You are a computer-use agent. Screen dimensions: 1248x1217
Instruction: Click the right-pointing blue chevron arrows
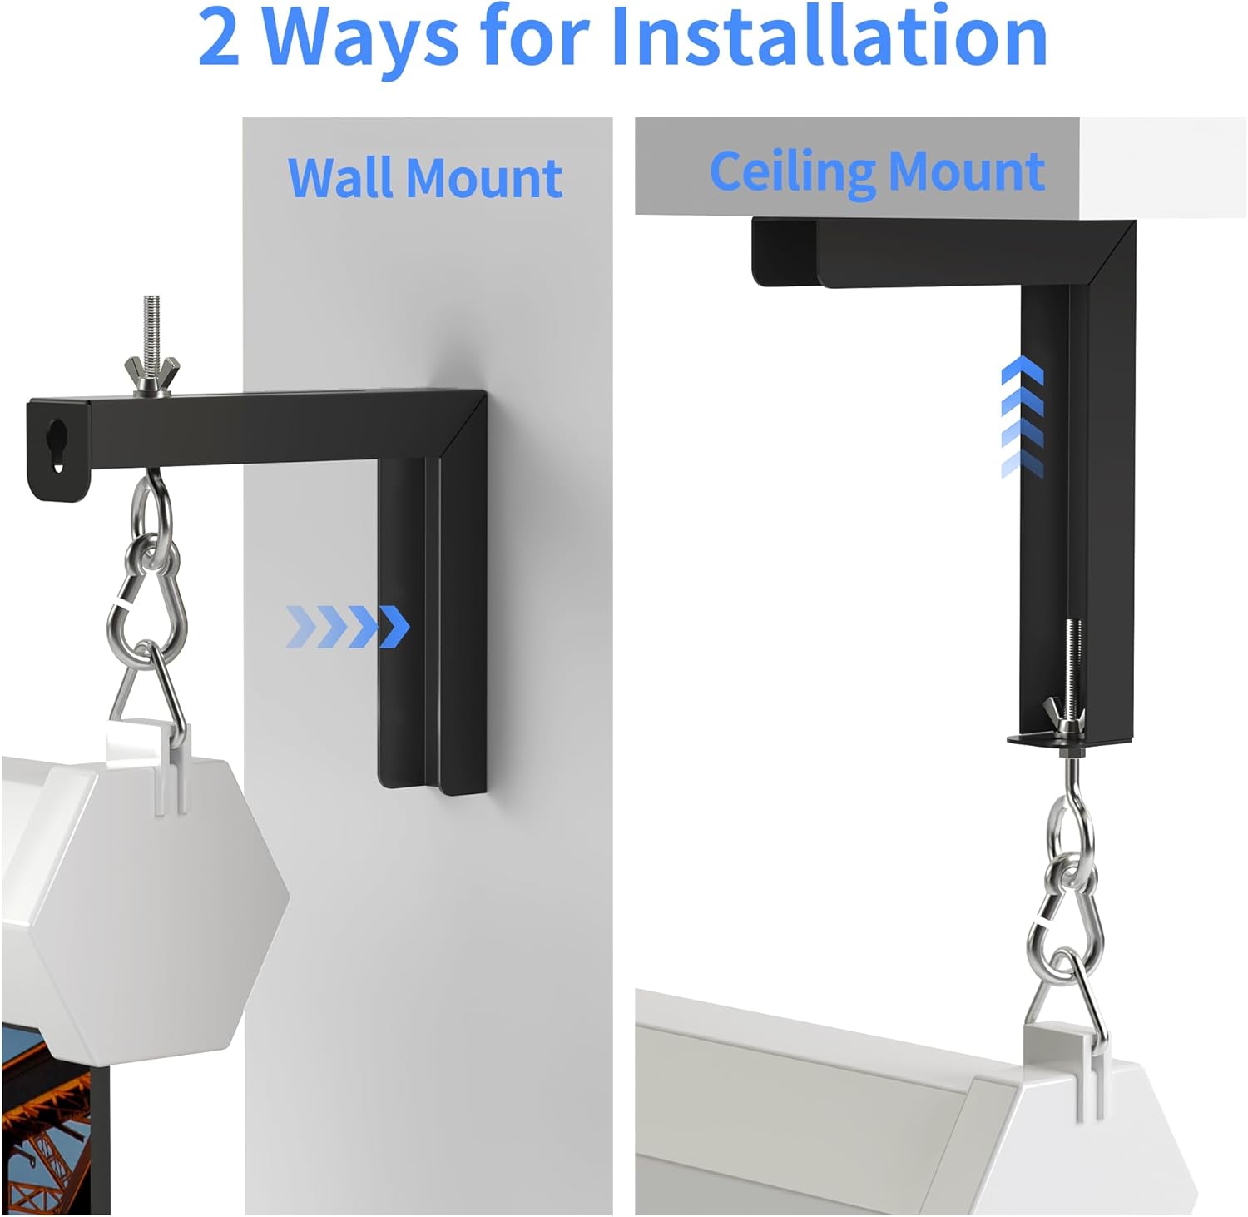[347, 627]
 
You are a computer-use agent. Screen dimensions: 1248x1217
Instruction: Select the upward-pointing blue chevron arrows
[1023, 416]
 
